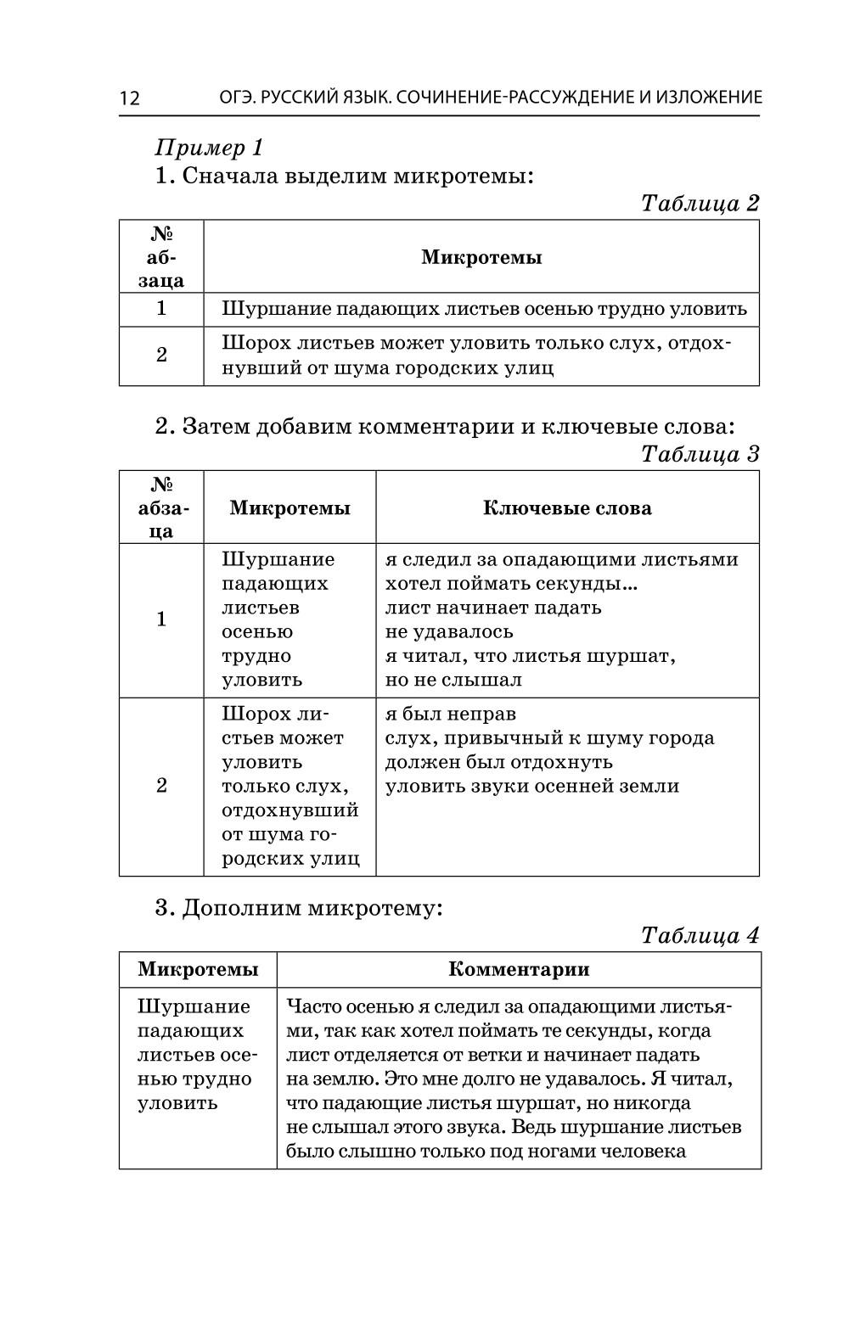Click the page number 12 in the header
coord(129,98)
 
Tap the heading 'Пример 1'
coord(209,148)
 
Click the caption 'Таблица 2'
coord(700,204)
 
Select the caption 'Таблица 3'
coord(700,454)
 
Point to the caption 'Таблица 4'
coord(700,935)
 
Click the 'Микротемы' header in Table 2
coord(481,257)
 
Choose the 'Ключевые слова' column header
coord(567,508)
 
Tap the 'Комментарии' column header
coord(519,969)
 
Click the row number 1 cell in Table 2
coord(161,309)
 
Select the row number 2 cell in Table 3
coord(161,786)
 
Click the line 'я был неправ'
coord(450,714)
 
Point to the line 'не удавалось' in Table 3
coord(449,631)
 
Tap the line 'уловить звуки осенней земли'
coord(532,786)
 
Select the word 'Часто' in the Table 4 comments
coord(312,1006)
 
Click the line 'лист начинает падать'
coord(493,608)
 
